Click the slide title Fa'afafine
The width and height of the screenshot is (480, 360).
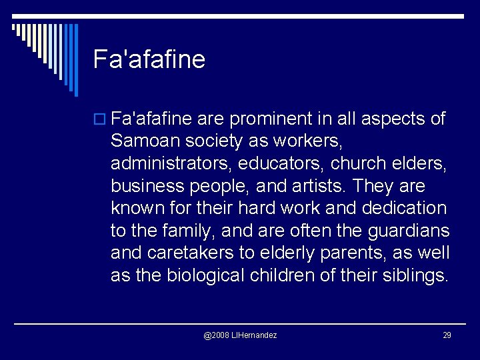click(149, 59)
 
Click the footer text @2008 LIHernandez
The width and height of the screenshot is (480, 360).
click(240, 335)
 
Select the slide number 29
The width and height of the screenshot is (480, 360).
click(447, 335)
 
